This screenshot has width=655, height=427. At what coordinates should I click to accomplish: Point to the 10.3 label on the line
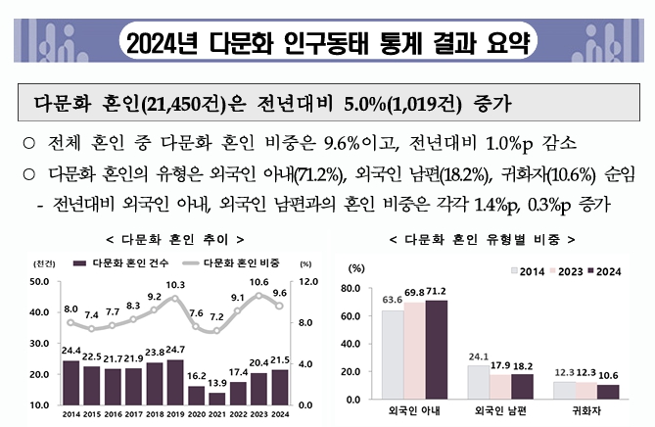pyautogui.click(x=175, y=285)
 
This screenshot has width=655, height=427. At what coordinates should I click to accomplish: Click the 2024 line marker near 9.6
pyautogui.click(x=278, y=305)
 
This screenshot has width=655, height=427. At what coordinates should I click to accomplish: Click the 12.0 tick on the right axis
pyautogui.click(x=304, y=283)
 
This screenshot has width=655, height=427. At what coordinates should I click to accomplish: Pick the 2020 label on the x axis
pyautogui.click(x=196, y=414)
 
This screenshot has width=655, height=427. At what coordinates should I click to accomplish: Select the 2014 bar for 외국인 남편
pyautogui.click(x=479, y=382)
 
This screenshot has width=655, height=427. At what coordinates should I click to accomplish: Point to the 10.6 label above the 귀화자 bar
pyautogui.click(x=608, y=375)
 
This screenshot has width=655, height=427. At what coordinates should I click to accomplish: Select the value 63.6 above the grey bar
pyautogui.click(x=393, y=301)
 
